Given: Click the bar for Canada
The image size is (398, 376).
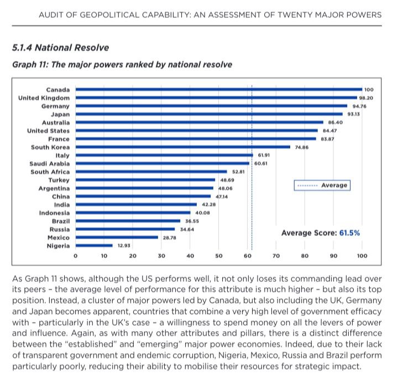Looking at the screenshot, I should pos(218,89).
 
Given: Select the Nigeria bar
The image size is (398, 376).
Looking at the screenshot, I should pos(94,245).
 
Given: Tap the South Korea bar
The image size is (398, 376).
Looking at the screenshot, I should pos(182,147).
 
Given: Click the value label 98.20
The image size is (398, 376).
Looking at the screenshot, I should pos(366,97).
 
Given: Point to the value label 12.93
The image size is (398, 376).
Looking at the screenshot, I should pos(124,245).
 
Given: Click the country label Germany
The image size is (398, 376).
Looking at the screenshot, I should pos(56,106).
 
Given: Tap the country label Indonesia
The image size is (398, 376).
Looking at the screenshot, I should pos(54,213).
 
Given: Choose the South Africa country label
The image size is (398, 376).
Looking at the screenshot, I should pos(50,172).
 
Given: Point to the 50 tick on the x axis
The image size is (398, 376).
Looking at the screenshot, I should pos(218,256).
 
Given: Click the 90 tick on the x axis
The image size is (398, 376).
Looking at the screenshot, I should pos(333,256).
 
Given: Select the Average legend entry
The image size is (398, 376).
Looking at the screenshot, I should pos(322,185).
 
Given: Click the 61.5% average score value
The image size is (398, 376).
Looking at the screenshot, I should pos(349,233).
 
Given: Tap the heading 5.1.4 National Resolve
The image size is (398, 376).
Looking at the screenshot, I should pos(60,48).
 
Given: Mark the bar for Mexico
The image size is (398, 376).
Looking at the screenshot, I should pos(117,237).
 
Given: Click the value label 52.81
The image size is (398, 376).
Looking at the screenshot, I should pos(239,172).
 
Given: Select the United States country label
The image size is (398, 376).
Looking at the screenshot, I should pos(49,131).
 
